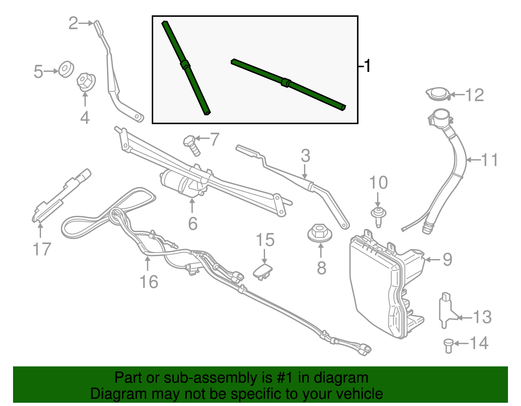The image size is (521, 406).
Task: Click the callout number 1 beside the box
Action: [367, 66]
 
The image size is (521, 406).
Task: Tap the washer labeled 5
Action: [66, 69]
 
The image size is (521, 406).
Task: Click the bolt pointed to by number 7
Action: [191, 145]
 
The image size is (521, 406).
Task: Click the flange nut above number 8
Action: [320, 233]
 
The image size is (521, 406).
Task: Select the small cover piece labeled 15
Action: [263, 271]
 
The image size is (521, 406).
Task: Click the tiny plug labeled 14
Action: [448, 346]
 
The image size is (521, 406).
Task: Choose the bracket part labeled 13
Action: [446, 309]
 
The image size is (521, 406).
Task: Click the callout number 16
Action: [149, 282]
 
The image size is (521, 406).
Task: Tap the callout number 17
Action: [42, 249]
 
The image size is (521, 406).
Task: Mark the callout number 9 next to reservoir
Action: [447, 259]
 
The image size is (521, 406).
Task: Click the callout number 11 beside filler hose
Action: [489, 160]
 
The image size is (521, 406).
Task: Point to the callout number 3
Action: [305, 156]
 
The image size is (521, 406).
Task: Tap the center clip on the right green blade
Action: [286, 83]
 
